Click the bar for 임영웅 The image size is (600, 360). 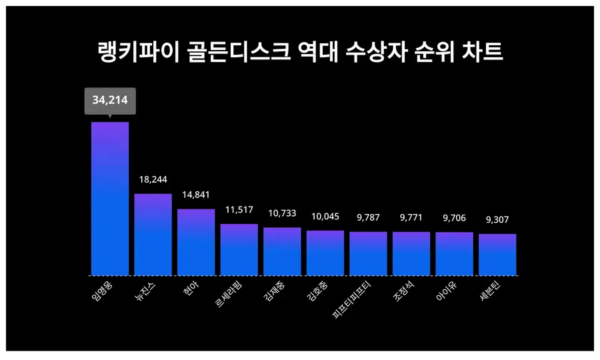(x=110, y=199)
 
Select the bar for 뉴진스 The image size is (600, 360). (x=153, y=235)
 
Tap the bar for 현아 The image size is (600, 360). (x=196, y=242)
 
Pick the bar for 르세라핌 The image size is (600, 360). (x=239, y=249)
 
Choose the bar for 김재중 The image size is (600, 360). (x=282, y=251)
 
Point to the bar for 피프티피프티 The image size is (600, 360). (x=368, y=253)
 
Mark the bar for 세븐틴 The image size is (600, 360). (x=497, y=255)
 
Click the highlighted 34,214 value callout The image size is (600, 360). (x=110, y=101)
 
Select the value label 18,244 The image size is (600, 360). (x=153, y=179)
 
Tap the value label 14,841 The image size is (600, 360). (x=196, y=195)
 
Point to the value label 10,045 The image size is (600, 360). (x=325, y=216)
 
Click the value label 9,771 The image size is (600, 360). (x=411, y=217)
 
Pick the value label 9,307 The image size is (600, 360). (x=497, y=219)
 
